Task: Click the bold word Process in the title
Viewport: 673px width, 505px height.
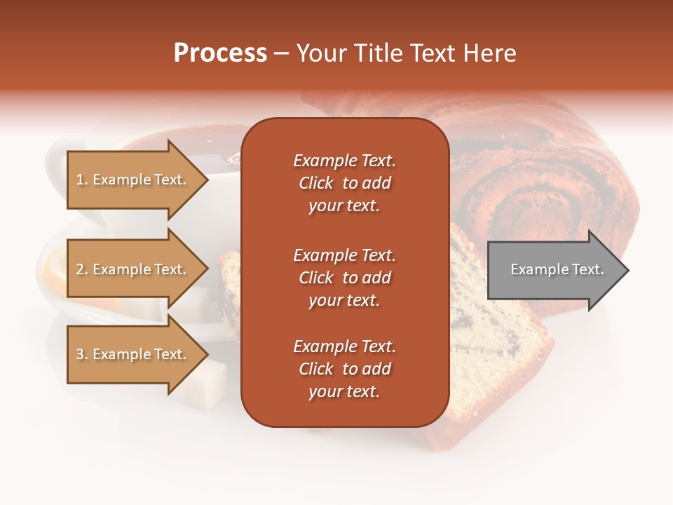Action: click(x=220, y=53)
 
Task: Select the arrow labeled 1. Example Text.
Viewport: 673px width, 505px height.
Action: click(x=133, y=180)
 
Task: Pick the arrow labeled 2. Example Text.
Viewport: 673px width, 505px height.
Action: click(x=133, y=269)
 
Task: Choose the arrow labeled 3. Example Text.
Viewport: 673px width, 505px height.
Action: click(x=133, y=354)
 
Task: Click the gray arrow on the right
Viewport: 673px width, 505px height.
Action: click(x=554, y=270)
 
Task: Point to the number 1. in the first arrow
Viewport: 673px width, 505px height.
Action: click(x=82, y=180)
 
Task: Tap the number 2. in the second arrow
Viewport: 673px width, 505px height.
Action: click(x=82, y=269)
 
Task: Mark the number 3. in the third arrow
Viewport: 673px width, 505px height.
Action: click(x=82, y=354)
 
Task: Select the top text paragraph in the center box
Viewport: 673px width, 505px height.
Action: click(x=344, y=183)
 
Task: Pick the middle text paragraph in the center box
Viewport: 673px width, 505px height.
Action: click(x=344, y=278)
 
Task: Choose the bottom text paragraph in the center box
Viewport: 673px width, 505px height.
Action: click(x=344, y=369)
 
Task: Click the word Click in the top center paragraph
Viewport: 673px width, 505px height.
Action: click(x=315, y=183)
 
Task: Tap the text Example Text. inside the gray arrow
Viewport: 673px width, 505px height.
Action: click(x=557, y=269)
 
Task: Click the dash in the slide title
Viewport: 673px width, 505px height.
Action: click(x=281, y=54)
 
